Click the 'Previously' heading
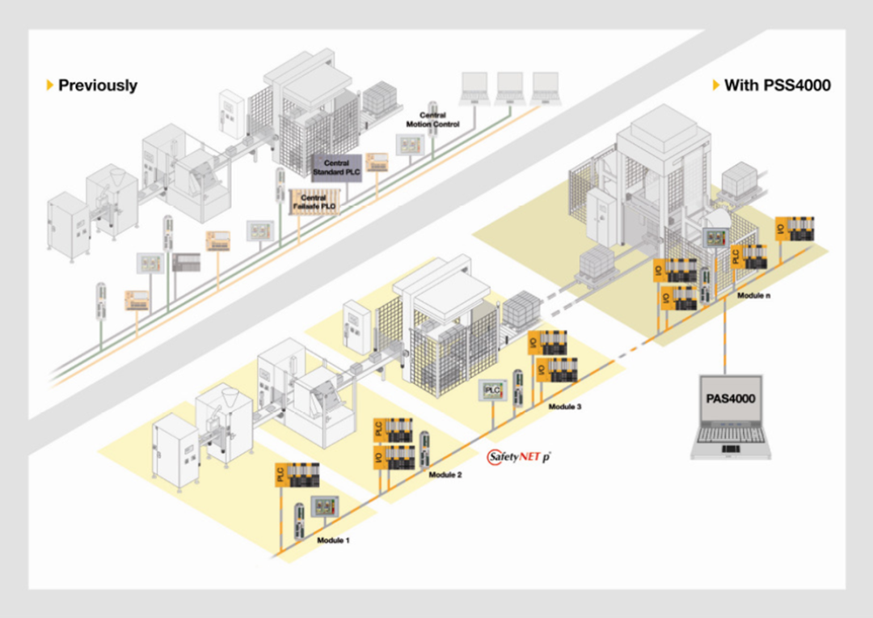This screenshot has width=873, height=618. tap(97, 85)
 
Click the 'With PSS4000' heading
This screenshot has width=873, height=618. tap(777, 85)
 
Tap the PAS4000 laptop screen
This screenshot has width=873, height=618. tap(731, 399)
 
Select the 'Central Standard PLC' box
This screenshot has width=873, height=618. tap(336, 168)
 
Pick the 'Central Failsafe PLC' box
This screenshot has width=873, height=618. tap(313, 203)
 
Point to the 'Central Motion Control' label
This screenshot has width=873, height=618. tap(438, 121)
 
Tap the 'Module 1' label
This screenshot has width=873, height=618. tap(333, 540)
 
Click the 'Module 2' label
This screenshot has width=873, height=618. tap(445, 475)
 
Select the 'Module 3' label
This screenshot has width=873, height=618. tap(564, 407)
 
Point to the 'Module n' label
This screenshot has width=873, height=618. tap(753, 296)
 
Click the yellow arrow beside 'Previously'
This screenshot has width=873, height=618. tap(50, 85)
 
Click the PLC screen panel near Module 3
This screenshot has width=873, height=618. tap(493, 391)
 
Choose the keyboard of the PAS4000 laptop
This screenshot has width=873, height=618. tap(731, 440)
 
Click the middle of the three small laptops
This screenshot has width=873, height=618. tap(509, 86)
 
